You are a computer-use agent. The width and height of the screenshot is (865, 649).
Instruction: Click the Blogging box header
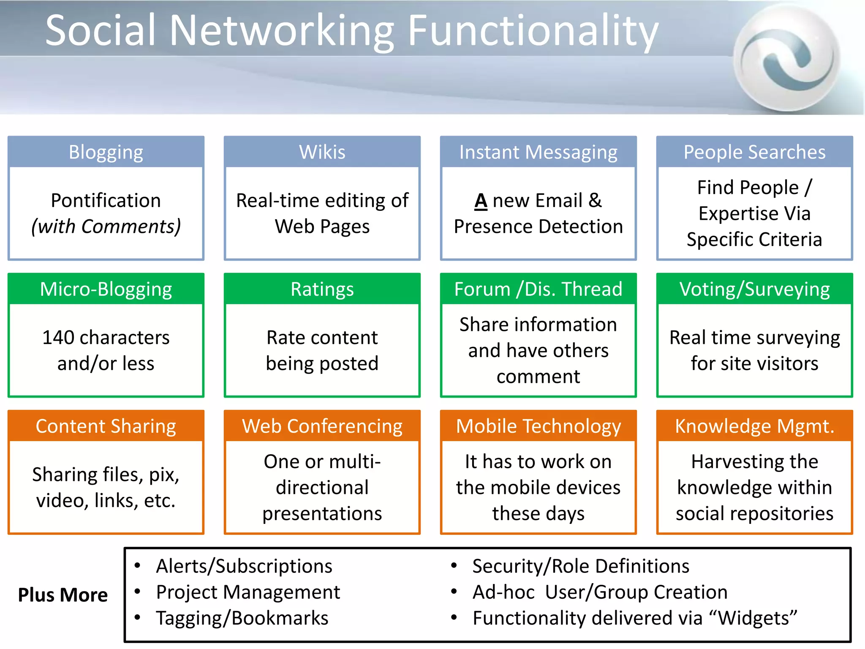(106, 152)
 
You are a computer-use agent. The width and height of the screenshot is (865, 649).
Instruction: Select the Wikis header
(322, 152)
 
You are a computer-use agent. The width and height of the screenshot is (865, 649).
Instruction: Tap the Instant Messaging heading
(538, 152)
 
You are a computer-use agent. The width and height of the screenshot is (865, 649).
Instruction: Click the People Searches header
(754, 152)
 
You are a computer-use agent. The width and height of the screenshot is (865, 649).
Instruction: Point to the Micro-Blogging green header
(106, 289)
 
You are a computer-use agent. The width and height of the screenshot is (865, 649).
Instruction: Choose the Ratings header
(322, 289)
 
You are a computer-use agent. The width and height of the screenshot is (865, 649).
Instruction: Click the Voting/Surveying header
(754, 289)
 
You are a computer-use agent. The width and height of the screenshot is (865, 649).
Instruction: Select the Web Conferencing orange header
(322, 426)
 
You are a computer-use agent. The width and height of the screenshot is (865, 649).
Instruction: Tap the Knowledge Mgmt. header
(754, 426)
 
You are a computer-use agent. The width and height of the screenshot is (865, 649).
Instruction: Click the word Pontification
(106, 200)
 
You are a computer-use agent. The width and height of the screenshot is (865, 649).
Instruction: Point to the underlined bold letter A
(481, 201)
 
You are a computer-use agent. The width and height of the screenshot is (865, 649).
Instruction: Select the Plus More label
(63, 595)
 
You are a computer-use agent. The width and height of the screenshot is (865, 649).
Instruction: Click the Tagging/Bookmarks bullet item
(242, 618)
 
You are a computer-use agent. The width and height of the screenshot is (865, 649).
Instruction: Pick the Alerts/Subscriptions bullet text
(244, 566)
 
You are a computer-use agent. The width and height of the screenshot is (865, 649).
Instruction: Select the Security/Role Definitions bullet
(581, 566)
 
